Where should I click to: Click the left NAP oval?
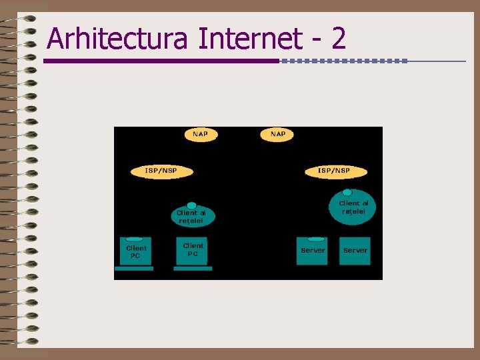pyautogui.click(x=200, y=135)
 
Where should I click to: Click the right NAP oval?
pyautogui.click(x=278, y=135)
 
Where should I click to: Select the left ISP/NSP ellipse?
pyautogui.click(x=161, y=171)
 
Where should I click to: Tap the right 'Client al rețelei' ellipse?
pyautogui.click(x=353, y=208)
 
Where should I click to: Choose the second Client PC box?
pyautogui.click(x=193, y=251)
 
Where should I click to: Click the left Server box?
pyautogui.click(x=313, y=251)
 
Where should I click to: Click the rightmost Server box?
pyautogui.click(x=355, y=251)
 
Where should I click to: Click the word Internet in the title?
pyautogui.click(x=250, y=39)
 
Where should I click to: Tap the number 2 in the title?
pyautogui.click(x=338, y=39)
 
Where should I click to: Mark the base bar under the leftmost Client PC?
pyautogui.click(x=134, y=269)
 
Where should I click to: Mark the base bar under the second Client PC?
pyautogui.click(x=193, y=269)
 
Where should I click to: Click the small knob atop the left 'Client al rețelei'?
pyautogui.click(x=192, y=205)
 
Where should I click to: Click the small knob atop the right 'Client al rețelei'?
pyautogui.click(x=347, y=192)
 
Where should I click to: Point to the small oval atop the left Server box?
pyautogui.click(x=315, y=239)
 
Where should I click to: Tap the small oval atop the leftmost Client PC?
pyautogui.click(x=135, y=239)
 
